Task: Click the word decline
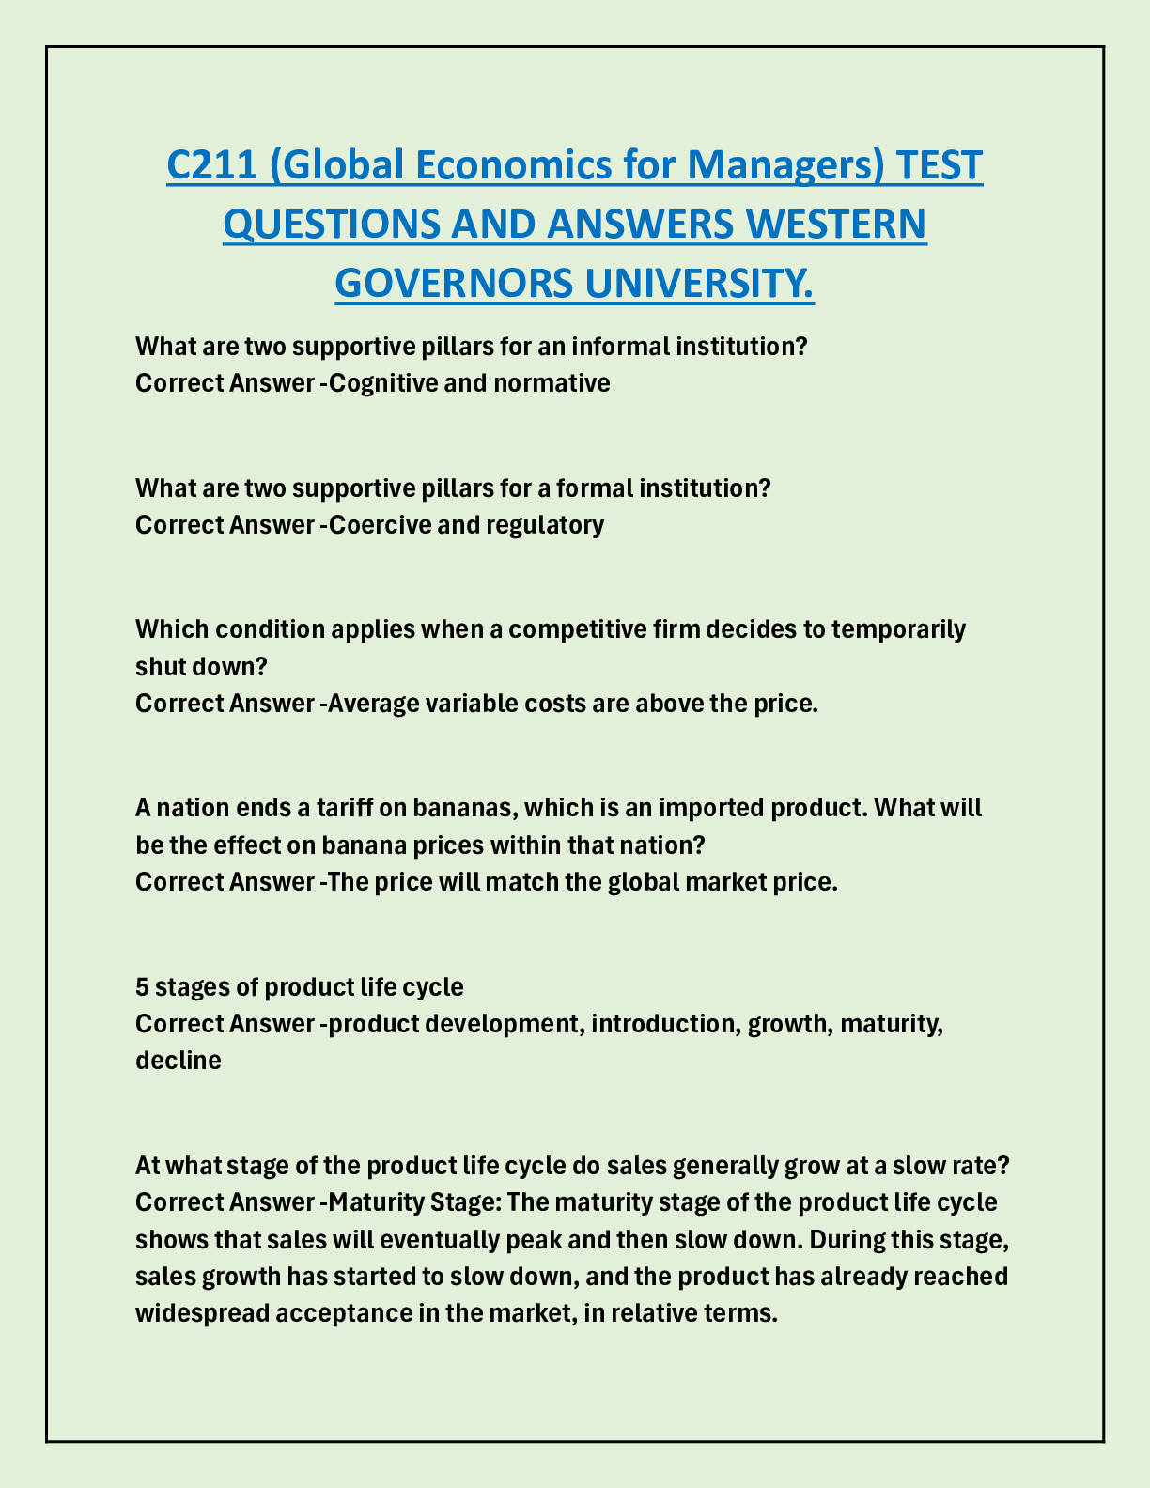pos(179,1061)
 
